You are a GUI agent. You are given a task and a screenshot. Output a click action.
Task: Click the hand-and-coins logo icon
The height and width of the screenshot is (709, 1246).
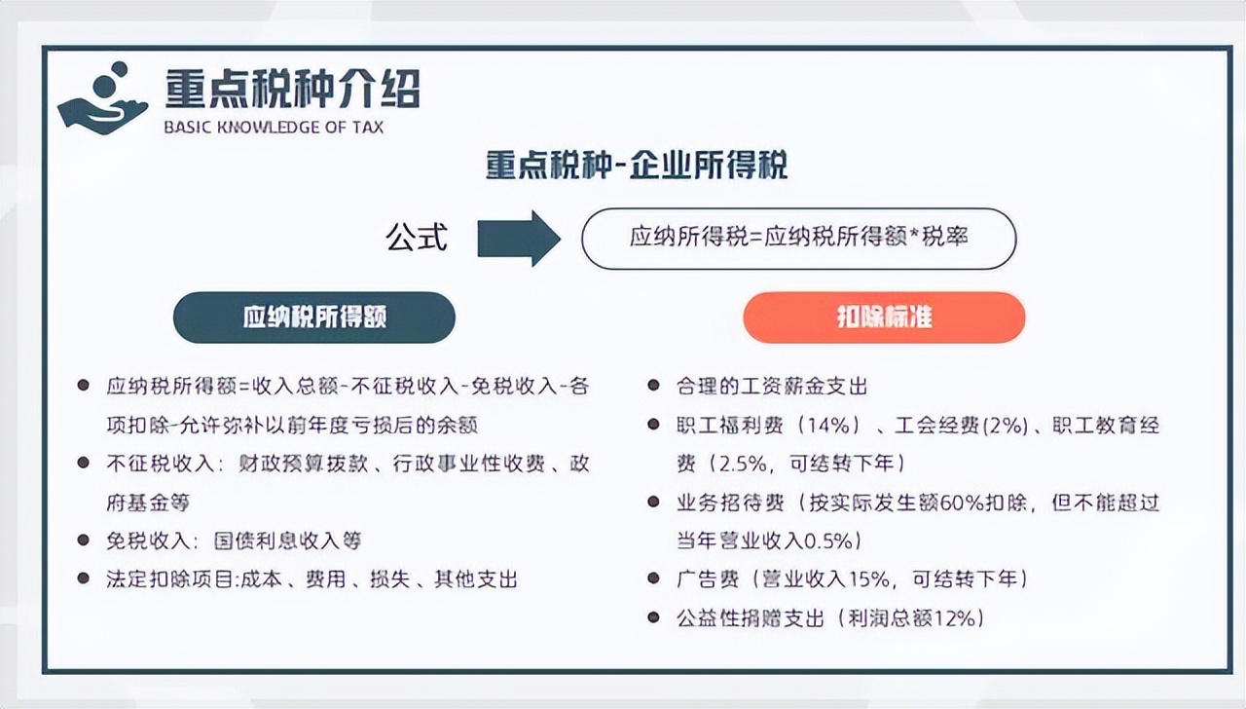point(103,99)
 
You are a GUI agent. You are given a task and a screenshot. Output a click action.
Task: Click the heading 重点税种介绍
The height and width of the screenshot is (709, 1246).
point(293,88)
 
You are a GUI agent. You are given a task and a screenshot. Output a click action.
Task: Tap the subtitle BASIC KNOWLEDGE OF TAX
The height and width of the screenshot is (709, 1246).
point(274,128)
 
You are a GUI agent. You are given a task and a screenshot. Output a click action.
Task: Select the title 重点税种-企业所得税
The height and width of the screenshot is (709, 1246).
point(637,165)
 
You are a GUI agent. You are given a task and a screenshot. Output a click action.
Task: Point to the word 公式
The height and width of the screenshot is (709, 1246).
point(417,238)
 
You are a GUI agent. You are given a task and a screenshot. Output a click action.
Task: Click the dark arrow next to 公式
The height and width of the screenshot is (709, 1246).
point(519,239)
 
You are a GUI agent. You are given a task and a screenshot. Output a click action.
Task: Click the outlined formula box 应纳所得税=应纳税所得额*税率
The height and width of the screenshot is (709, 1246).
point(799,239)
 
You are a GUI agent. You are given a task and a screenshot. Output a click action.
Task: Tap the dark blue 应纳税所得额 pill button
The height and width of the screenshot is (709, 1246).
point(314,317)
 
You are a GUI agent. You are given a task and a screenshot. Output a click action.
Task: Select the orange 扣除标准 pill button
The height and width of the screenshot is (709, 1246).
point(884,317)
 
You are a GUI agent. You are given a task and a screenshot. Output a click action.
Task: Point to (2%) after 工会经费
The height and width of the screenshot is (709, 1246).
point(1006,426)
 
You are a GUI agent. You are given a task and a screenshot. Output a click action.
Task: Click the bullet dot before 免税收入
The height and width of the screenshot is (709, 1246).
point(84,540)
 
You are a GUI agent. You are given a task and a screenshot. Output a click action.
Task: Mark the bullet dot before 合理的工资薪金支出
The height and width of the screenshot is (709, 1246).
point(653,385)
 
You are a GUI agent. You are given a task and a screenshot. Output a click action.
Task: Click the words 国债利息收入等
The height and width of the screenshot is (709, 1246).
point(287,541)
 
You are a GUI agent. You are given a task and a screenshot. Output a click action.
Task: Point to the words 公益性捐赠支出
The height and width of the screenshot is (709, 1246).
point(750,618)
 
